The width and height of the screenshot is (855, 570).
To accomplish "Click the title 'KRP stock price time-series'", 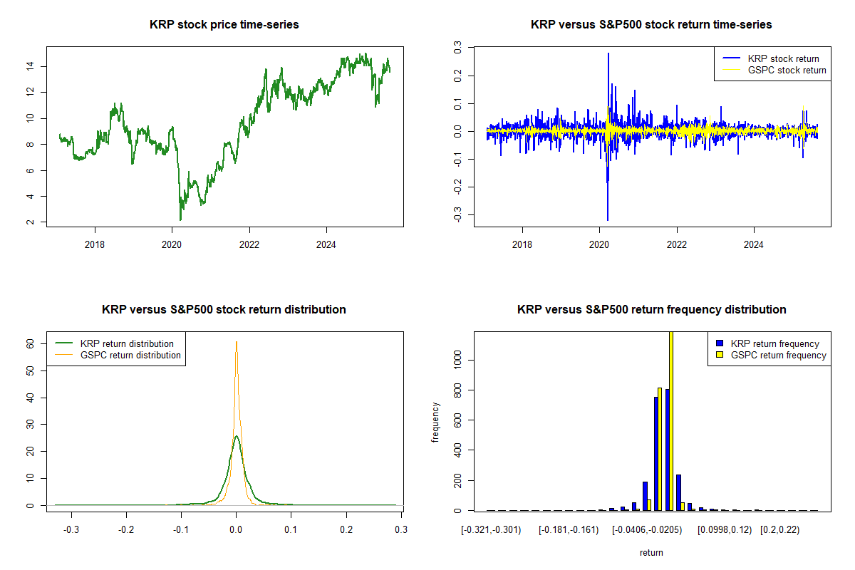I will tap(224, 25).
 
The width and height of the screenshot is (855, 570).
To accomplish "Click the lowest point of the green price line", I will tap(180, 219).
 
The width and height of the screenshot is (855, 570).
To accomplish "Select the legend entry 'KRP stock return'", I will tap(782, 58).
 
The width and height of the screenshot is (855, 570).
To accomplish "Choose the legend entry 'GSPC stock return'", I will tap(787, 70).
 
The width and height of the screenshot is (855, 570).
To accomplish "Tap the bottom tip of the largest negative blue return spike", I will tap(608, 220).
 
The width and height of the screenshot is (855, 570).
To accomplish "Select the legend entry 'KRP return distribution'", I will tap(127, 343).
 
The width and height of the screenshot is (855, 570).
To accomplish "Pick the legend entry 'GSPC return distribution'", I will tap(130, 355).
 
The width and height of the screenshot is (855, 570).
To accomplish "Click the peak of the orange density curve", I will tap(237, 342).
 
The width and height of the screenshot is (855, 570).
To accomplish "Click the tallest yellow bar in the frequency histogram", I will tap(670, 420).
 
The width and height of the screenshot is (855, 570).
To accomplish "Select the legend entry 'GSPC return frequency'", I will tap(778, 355).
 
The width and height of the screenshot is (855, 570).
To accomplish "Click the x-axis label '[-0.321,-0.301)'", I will tap(491, 530).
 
